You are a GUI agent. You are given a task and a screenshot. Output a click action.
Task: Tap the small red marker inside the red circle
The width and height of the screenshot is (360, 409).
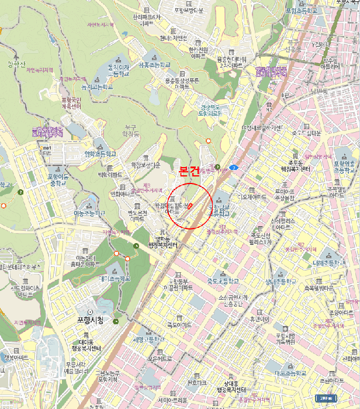point(188,206)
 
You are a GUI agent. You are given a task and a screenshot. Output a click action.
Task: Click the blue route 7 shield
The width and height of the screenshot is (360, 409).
point(233,168)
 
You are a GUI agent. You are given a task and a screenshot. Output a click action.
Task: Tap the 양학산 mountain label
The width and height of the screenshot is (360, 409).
point(18,64)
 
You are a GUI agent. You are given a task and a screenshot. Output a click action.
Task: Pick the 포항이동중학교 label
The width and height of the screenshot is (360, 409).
point(58,179)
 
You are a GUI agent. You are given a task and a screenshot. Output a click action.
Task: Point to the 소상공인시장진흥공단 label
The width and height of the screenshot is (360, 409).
point(233,301)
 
